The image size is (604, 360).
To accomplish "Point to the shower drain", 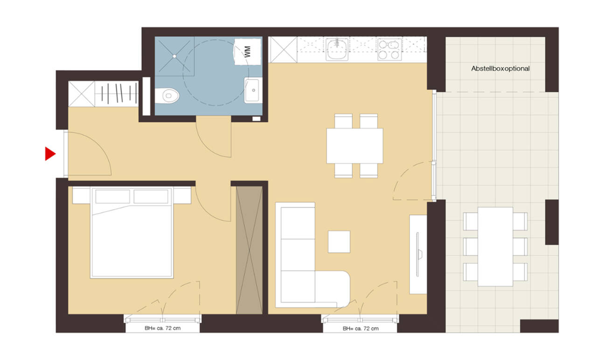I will click(175, 55).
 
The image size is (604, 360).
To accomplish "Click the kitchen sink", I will click(337, 49).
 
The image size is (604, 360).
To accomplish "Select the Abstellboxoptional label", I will click(500, 69).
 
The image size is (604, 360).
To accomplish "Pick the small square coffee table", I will click(339, 242).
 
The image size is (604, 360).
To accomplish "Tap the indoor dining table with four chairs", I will click(354, 145).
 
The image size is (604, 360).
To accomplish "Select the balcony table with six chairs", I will click(495, 246).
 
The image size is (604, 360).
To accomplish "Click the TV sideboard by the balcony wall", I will click(418, 254).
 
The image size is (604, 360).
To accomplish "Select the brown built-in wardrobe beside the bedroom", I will click(249, 249).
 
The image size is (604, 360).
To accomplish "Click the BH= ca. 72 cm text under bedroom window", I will click(163, 329).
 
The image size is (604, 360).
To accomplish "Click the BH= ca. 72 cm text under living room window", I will click(361, 329).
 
